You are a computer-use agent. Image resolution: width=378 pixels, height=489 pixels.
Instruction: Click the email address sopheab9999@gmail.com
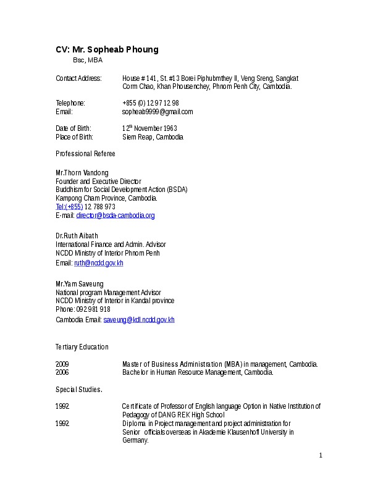[157, 112]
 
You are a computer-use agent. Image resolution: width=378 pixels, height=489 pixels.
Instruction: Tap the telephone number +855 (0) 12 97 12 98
[151, 102]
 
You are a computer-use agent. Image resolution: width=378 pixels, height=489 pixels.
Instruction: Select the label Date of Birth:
[73, 128]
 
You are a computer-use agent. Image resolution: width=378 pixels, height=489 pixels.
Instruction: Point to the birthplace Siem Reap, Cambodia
[153, 137]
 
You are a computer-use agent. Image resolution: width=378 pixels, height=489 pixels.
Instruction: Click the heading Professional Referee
[85, 153]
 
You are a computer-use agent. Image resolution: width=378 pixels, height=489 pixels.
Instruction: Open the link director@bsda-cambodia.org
[115, 215]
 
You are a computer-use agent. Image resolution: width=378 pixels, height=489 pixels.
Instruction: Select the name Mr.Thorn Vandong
[82, 172]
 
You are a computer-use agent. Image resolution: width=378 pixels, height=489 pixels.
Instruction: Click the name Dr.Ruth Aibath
[77, 236]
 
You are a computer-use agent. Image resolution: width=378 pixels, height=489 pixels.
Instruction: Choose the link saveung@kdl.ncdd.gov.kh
[139, 320]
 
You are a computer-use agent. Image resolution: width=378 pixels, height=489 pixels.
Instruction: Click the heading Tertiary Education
[82, 347]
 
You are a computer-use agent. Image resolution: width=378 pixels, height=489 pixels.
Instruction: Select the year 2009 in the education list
[62, 364]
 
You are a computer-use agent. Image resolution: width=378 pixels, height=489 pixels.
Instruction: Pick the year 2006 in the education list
[62, 372]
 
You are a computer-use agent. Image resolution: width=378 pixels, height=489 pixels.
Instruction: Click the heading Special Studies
[78, 390]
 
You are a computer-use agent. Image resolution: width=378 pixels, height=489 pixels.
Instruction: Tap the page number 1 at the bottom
[321, 456]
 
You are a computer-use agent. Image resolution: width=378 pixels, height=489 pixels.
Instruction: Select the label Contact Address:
[78, 78]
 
